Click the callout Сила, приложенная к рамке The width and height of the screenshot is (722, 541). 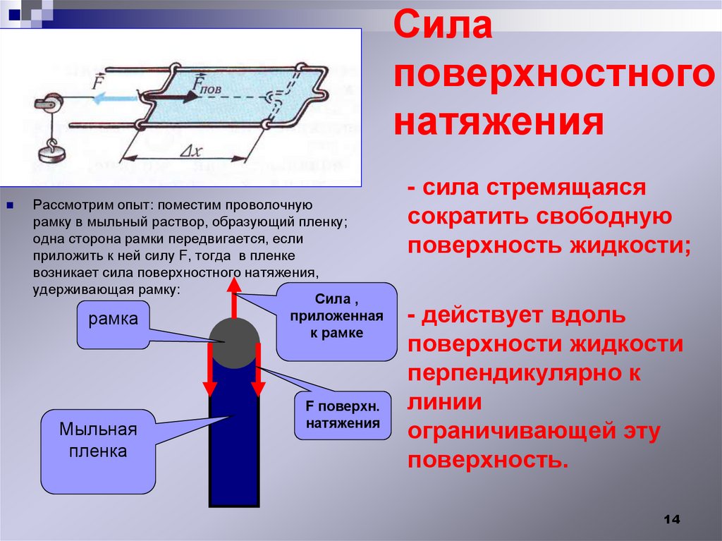click(336, 321)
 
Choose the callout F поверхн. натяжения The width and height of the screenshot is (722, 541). click(343, 415)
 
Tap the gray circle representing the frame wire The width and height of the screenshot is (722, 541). click(233, 343)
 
